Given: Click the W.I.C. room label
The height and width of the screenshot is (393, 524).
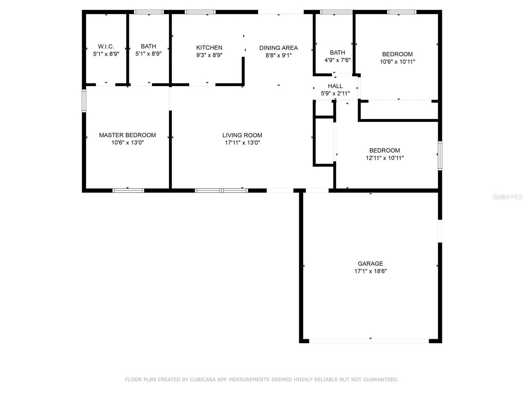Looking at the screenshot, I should coord(106,47).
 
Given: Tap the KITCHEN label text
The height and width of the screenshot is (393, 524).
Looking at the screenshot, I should coord(209,48).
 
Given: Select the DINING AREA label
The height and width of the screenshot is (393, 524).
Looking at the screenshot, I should coord(278,48).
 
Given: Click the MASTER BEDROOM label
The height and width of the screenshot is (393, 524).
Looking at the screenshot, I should coord(127,135).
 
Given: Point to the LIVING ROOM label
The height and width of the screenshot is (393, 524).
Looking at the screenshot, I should coord(242,135).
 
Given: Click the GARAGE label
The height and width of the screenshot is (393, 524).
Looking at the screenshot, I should coord(370,264).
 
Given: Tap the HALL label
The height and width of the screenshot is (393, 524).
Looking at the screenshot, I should coord(335,86).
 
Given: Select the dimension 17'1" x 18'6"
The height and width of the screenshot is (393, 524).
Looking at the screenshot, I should coord(370,271).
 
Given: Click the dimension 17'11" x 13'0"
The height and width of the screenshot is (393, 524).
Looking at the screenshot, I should coord(242,142).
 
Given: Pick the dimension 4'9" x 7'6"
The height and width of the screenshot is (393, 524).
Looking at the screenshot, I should coord(337,60).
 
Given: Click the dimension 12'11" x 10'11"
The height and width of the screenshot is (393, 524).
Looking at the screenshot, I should coord(384,158).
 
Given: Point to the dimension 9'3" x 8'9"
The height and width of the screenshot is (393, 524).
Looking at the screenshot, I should coord(209,55).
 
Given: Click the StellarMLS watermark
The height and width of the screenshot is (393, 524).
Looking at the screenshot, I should coord(508,196).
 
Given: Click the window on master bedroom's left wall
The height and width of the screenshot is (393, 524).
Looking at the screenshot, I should coord(84,101).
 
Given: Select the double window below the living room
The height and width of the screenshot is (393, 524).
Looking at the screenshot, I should coord(221,191).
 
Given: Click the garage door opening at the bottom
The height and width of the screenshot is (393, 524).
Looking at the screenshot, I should coord(369,341).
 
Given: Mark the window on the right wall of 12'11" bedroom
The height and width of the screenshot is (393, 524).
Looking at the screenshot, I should coord(440,156).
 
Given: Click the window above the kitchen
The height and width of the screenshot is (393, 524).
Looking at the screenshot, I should coord(200,12).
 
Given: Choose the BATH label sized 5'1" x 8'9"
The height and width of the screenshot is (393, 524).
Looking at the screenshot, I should coord(148,47).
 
